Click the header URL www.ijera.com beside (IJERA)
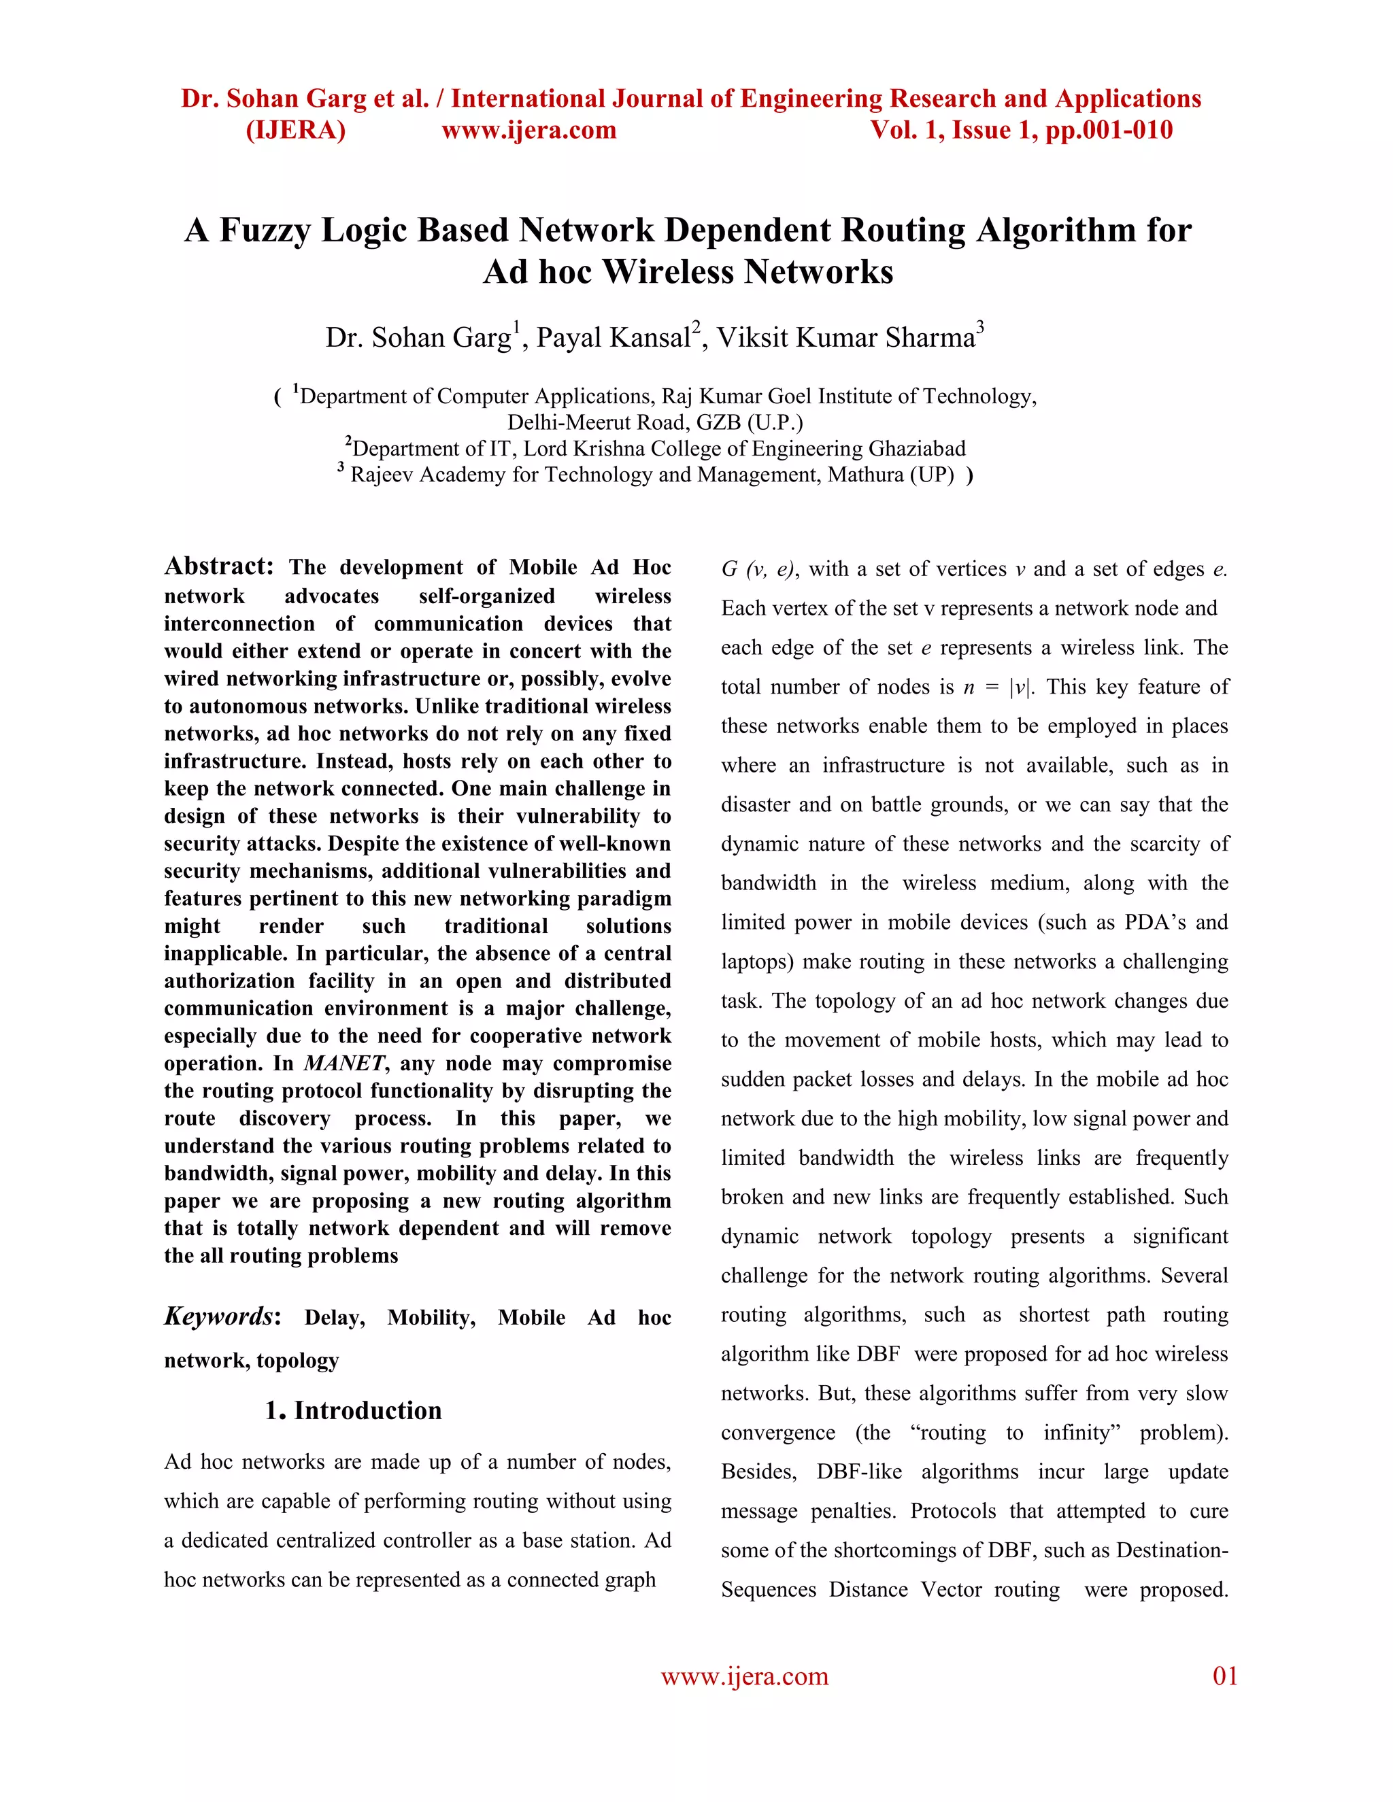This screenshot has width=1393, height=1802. pos(529,131)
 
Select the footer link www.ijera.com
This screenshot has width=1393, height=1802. pos(744,1677)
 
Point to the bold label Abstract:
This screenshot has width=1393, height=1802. pos(219,566)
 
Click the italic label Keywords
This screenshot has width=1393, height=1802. pos(218,1316)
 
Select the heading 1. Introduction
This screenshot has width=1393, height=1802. pos(353,1410)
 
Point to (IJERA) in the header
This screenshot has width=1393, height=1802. pos(295,131)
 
